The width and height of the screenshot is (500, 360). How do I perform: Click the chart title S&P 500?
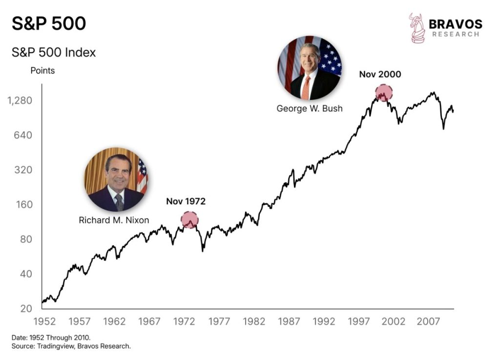point(49,23)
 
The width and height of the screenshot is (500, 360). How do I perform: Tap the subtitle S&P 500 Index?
point(54,53)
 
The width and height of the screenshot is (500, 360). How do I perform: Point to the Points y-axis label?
point(42,71)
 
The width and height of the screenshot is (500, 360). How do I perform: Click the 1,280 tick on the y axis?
point(20,101)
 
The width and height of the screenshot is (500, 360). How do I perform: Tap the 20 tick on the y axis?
point(25,308)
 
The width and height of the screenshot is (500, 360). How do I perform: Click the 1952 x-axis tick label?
point(44,322)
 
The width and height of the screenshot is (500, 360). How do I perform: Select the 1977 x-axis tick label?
point(219,322)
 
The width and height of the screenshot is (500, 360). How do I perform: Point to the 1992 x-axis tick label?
point(324,322)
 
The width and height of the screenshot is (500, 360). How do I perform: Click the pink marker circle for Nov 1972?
point(189,220)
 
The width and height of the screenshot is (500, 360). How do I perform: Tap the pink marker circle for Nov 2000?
point(384,93)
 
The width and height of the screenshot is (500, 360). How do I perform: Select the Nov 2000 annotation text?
point(380,75)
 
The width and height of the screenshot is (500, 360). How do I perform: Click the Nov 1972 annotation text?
point(186,201)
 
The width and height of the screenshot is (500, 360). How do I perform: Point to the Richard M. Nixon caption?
point(114,220)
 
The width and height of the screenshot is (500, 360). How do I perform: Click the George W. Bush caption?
point(310,108)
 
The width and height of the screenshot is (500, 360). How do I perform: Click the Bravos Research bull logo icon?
point(416,28)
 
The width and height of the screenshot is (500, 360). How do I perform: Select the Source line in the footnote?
point(71,346)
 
